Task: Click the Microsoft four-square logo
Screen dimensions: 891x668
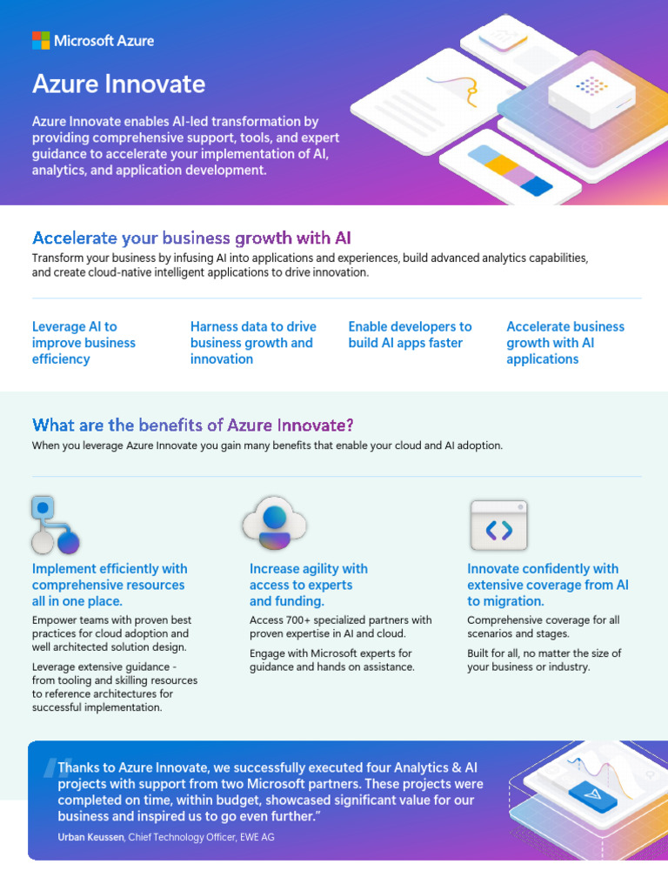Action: tap(41, 40)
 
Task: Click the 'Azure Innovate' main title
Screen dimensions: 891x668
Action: tap(118, 84)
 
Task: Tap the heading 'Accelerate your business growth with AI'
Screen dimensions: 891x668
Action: tap(191, 238)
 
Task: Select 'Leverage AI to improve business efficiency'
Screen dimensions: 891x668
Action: tap(83, 343)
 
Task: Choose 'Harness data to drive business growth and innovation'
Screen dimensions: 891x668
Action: tap(253, 343)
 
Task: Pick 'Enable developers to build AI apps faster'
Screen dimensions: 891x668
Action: tap(410, 335)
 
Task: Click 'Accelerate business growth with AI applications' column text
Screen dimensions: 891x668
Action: tap(565, 343)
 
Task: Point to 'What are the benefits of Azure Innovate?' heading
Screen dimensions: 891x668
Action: tap(192, 425)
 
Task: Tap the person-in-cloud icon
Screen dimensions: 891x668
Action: tap(274, 524)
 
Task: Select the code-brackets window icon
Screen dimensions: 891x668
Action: tap(498, 526)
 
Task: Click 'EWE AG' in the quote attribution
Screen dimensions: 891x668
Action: tap(260, 837)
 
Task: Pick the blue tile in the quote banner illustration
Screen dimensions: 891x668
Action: tap(593, 794)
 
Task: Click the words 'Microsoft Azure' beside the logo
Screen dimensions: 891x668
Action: tap(104, 40)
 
